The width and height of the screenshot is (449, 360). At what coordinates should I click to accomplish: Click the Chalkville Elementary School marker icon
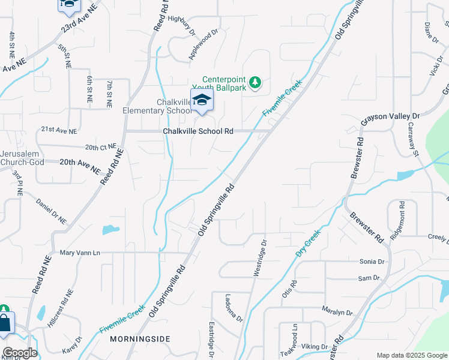pos(202,100)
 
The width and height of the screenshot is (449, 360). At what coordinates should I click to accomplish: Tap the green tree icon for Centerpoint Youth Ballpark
pos(255,82)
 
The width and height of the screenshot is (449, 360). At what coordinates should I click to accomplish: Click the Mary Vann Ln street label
pos(80,253)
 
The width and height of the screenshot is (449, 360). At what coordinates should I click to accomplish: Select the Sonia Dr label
pos(372,262)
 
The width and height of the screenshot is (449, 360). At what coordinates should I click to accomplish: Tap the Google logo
pos(19,353)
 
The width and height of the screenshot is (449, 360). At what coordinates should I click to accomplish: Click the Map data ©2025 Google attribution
pos(412,355)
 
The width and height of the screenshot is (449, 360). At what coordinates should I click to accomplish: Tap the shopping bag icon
pos(5,323)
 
